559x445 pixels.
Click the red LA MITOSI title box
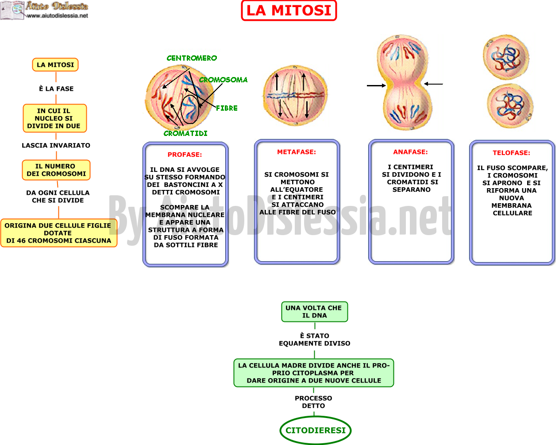(x=289, y=10)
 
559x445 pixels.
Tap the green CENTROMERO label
(x=192, y=58)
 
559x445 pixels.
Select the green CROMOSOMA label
(x=223, y=80)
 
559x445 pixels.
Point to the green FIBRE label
(x=227, y=108)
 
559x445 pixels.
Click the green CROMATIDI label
(x=185, y=133)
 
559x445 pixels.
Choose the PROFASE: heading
(x=185, y=155)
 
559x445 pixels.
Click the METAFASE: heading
(x=297, y=152)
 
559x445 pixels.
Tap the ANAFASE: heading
(x=410, y=152)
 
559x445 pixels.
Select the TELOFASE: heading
(x=512, y=153)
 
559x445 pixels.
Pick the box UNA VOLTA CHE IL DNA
(x=315, y=312)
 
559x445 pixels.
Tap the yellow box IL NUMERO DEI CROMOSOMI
(x=56, y=170)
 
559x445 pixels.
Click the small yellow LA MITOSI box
(x=55, y=65)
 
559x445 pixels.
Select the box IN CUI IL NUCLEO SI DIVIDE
(x=55, y=118)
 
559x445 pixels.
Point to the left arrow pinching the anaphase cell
(x=376, y=85)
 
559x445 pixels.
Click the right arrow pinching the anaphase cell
(x=433, y=84)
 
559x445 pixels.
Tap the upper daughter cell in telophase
(x=505, y=57)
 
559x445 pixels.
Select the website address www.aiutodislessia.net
(x=58, y=16)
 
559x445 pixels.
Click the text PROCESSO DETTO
(x=313, y=402)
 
